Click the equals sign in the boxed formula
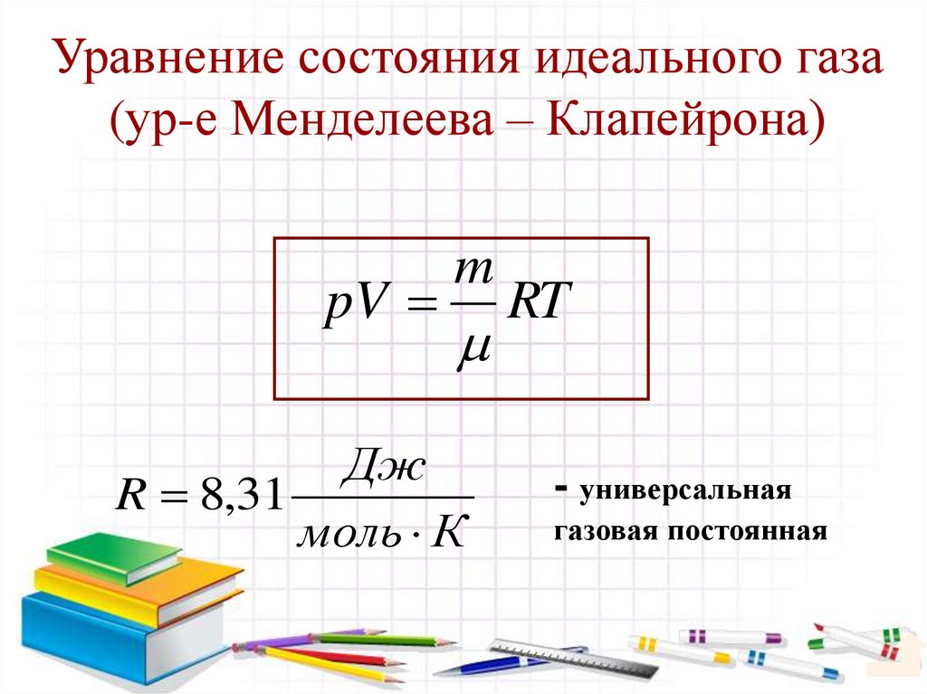414,310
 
